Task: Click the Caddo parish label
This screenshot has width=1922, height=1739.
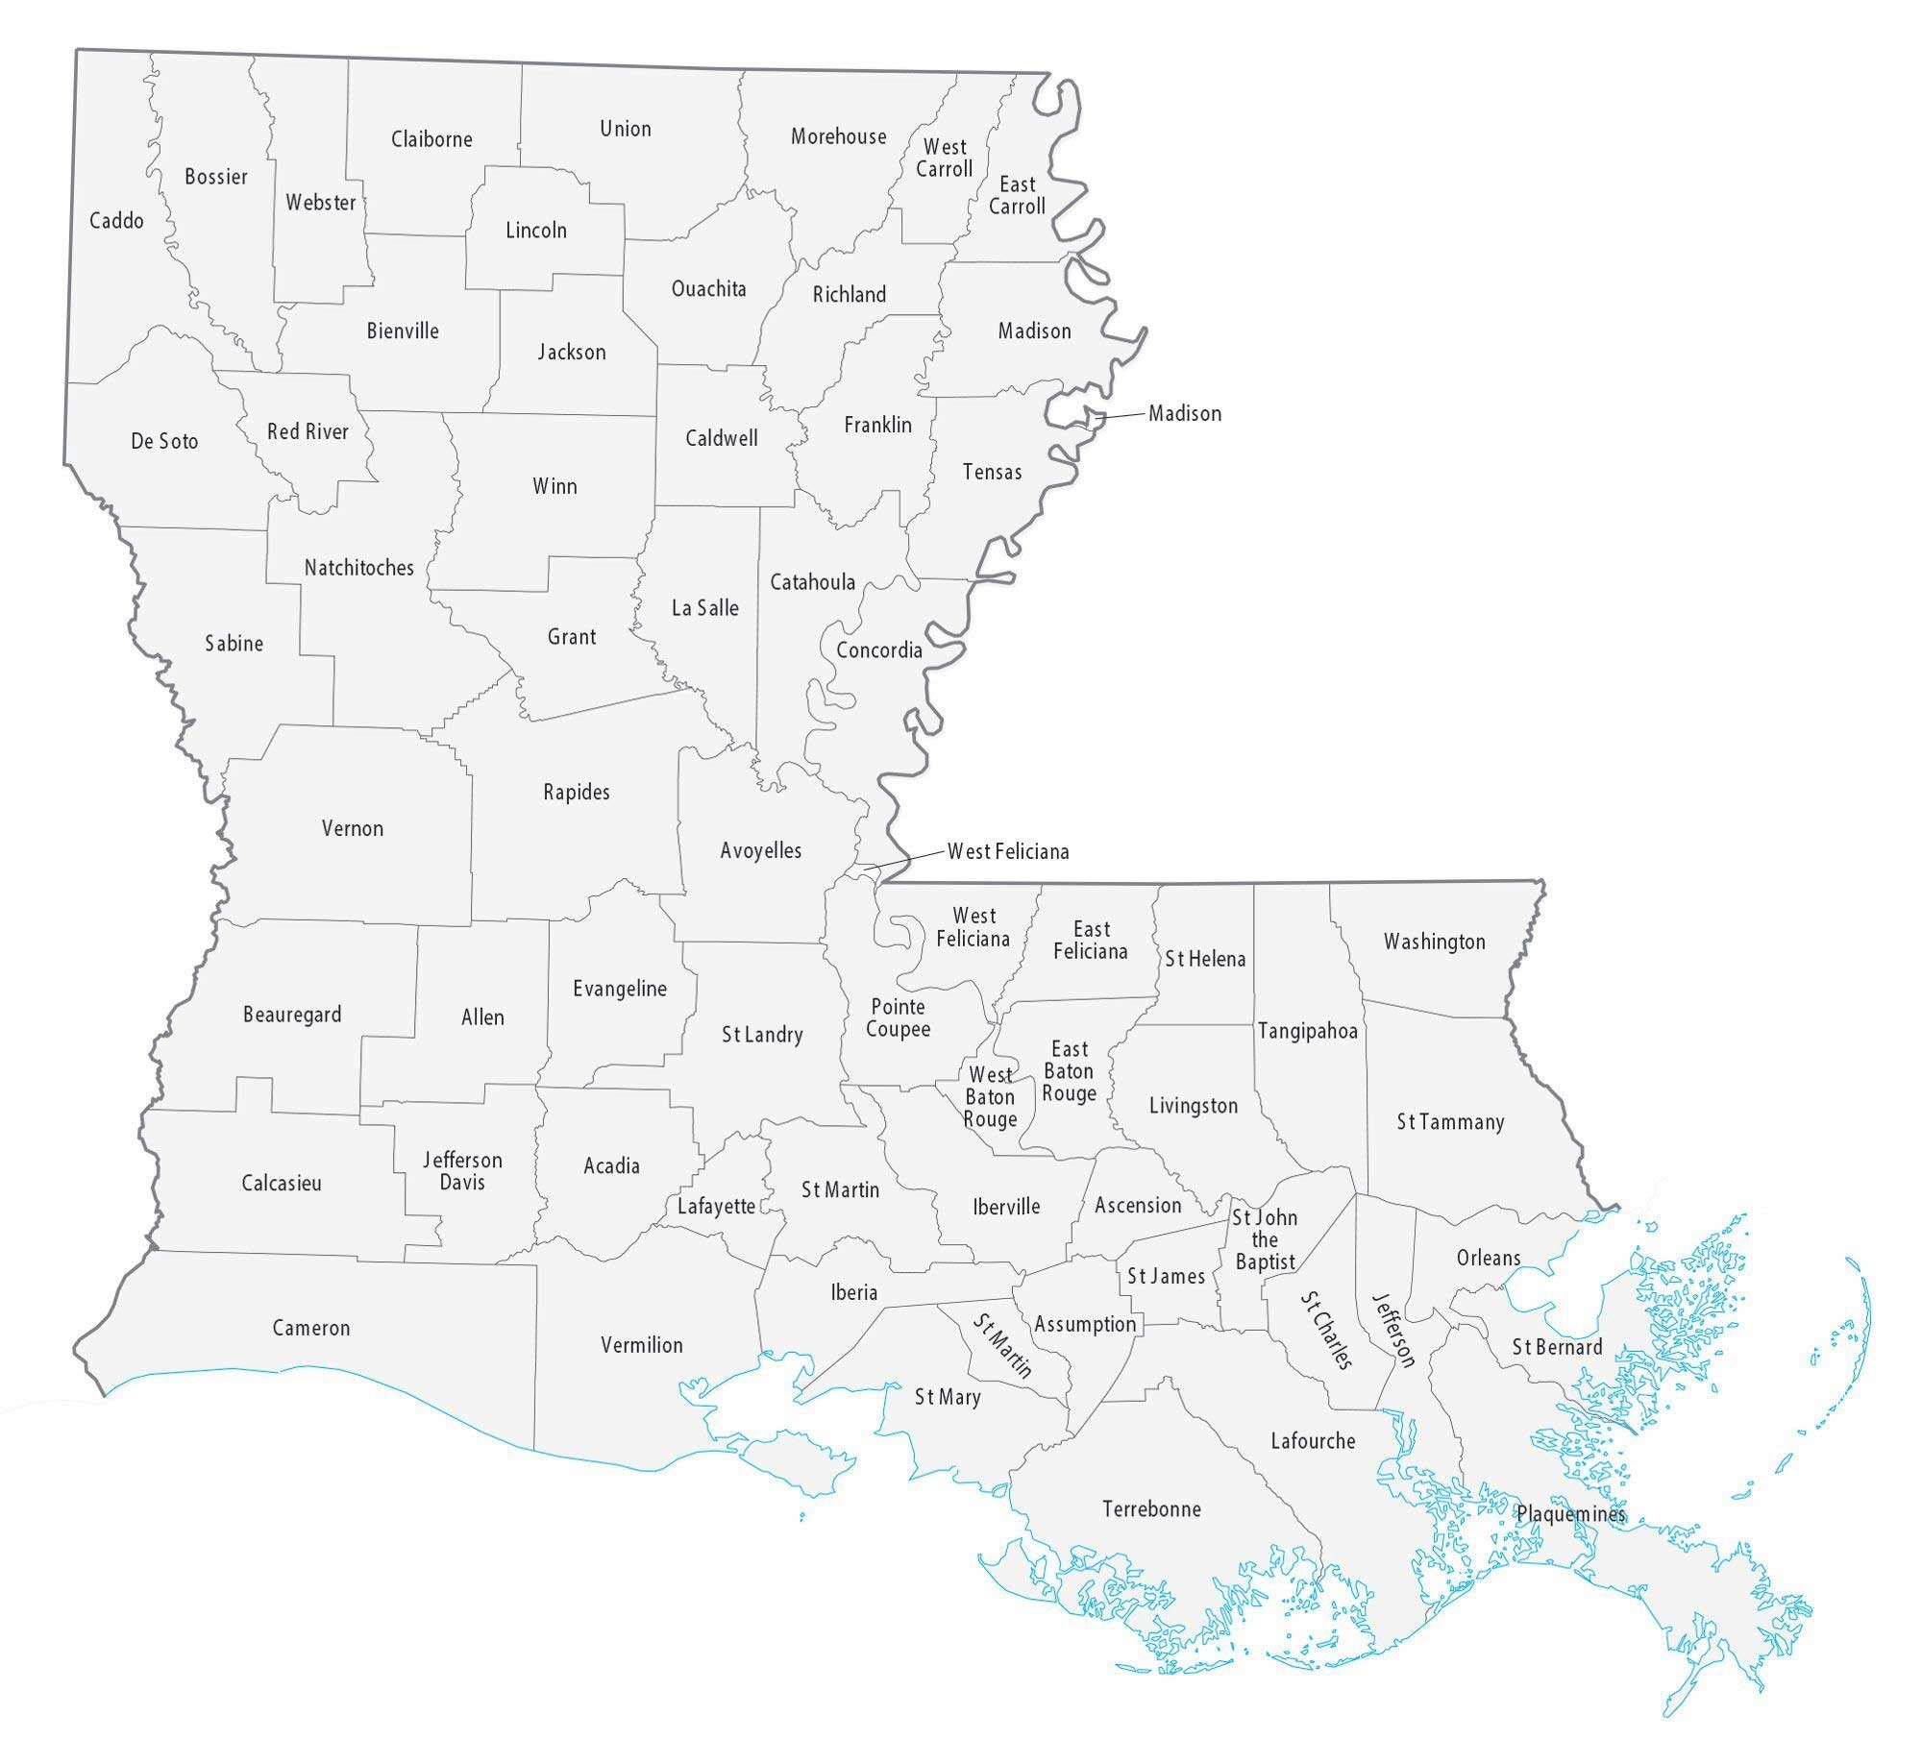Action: coord(116,221)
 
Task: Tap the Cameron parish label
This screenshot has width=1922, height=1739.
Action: coord(310,1328)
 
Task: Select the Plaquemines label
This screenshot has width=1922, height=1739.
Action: coord(1570,1514)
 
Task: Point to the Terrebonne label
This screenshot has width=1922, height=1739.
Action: coord(1151,1508)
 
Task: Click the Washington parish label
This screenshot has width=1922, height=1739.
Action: coord(1434,942)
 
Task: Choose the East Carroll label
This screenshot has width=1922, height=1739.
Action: coord(1017,195)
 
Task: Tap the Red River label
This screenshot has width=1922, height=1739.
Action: coord(308,431)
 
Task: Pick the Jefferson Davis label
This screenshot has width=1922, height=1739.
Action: coord(462,1171)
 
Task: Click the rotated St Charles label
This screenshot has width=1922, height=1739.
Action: coord(1326,1330)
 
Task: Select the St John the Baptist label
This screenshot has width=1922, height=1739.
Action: coord(1265,1239)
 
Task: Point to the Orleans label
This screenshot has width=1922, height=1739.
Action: coord(1488,1258)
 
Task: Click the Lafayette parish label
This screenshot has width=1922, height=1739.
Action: coord(716,1207)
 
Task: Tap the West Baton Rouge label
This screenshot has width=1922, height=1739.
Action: coord(990,1097)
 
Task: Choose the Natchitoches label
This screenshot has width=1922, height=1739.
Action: coord(358,568)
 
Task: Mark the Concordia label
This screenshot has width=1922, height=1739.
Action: coord(878,650)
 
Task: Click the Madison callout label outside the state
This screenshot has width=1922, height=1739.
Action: coord(1185,413)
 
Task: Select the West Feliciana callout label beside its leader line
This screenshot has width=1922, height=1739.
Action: coord(1008,851)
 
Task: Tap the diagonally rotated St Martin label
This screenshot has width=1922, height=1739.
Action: coord(1002,1346)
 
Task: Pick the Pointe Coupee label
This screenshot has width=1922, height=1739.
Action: coord(898,1017)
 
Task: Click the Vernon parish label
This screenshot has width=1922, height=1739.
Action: coord(352,828)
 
